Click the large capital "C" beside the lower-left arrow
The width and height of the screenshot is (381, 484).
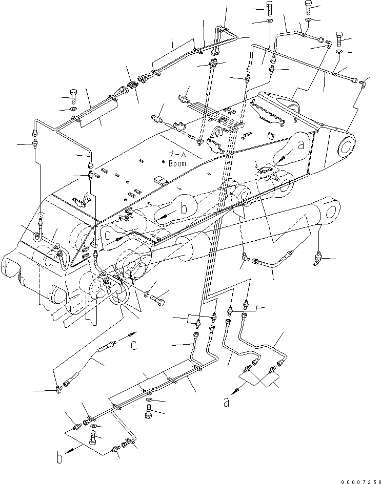point(133,345)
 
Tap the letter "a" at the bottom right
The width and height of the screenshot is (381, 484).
point(226,403)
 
